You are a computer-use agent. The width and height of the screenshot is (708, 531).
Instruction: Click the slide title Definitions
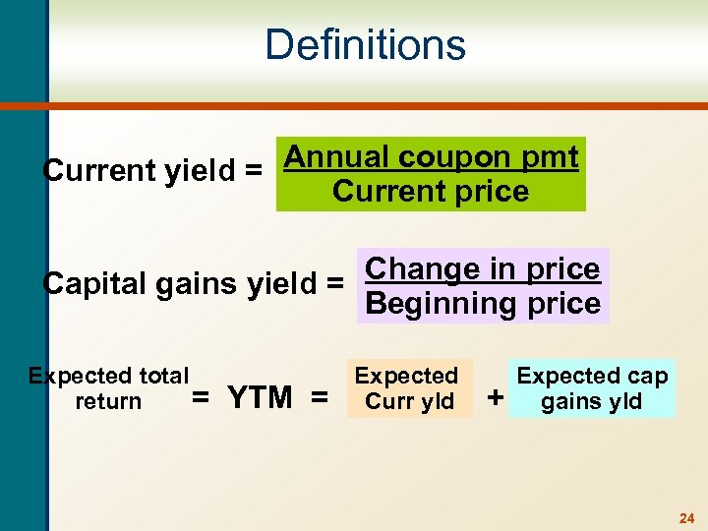click(365, 45)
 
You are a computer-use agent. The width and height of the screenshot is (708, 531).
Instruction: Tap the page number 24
click(686, 517)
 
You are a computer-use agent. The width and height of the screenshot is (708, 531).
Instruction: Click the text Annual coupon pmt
click(431, 157)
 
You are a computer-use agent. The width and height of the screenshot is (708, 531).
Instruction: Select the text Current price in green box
click(431, 191)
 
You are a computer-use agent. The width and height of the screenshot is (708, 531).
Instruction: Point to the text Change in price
click(482, 268)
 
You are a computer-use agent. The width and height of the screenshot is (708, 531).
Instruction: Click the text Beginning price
click(482, 303)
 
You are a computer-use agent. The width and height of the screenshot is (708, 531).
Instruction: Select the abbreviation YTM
click(260, 398)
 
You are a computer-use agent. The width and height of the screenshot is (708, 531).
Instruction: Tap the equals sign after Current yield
click(254, 171)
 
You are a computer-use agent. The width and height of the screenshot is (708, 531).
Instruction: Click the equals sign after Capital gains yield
click(334, 284)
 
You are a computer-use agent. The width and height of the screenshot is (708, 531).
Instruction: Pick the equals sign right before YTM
click(201, 398)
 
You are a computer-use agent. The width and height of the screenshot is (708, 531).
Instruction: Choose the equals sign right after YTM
click(319, 398)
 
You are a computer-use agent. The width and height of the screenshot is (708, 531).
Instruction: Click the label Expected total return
click(108, 388)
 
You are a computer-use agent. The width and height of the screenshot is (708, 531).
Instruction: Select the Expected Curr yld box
click(407, 388)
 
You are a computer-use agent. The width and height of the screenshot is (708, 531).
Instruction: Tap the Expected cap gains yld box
click(592, 388)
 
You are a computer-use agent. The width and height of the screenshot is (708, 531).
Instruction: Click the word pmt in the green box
click(550, 157)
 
